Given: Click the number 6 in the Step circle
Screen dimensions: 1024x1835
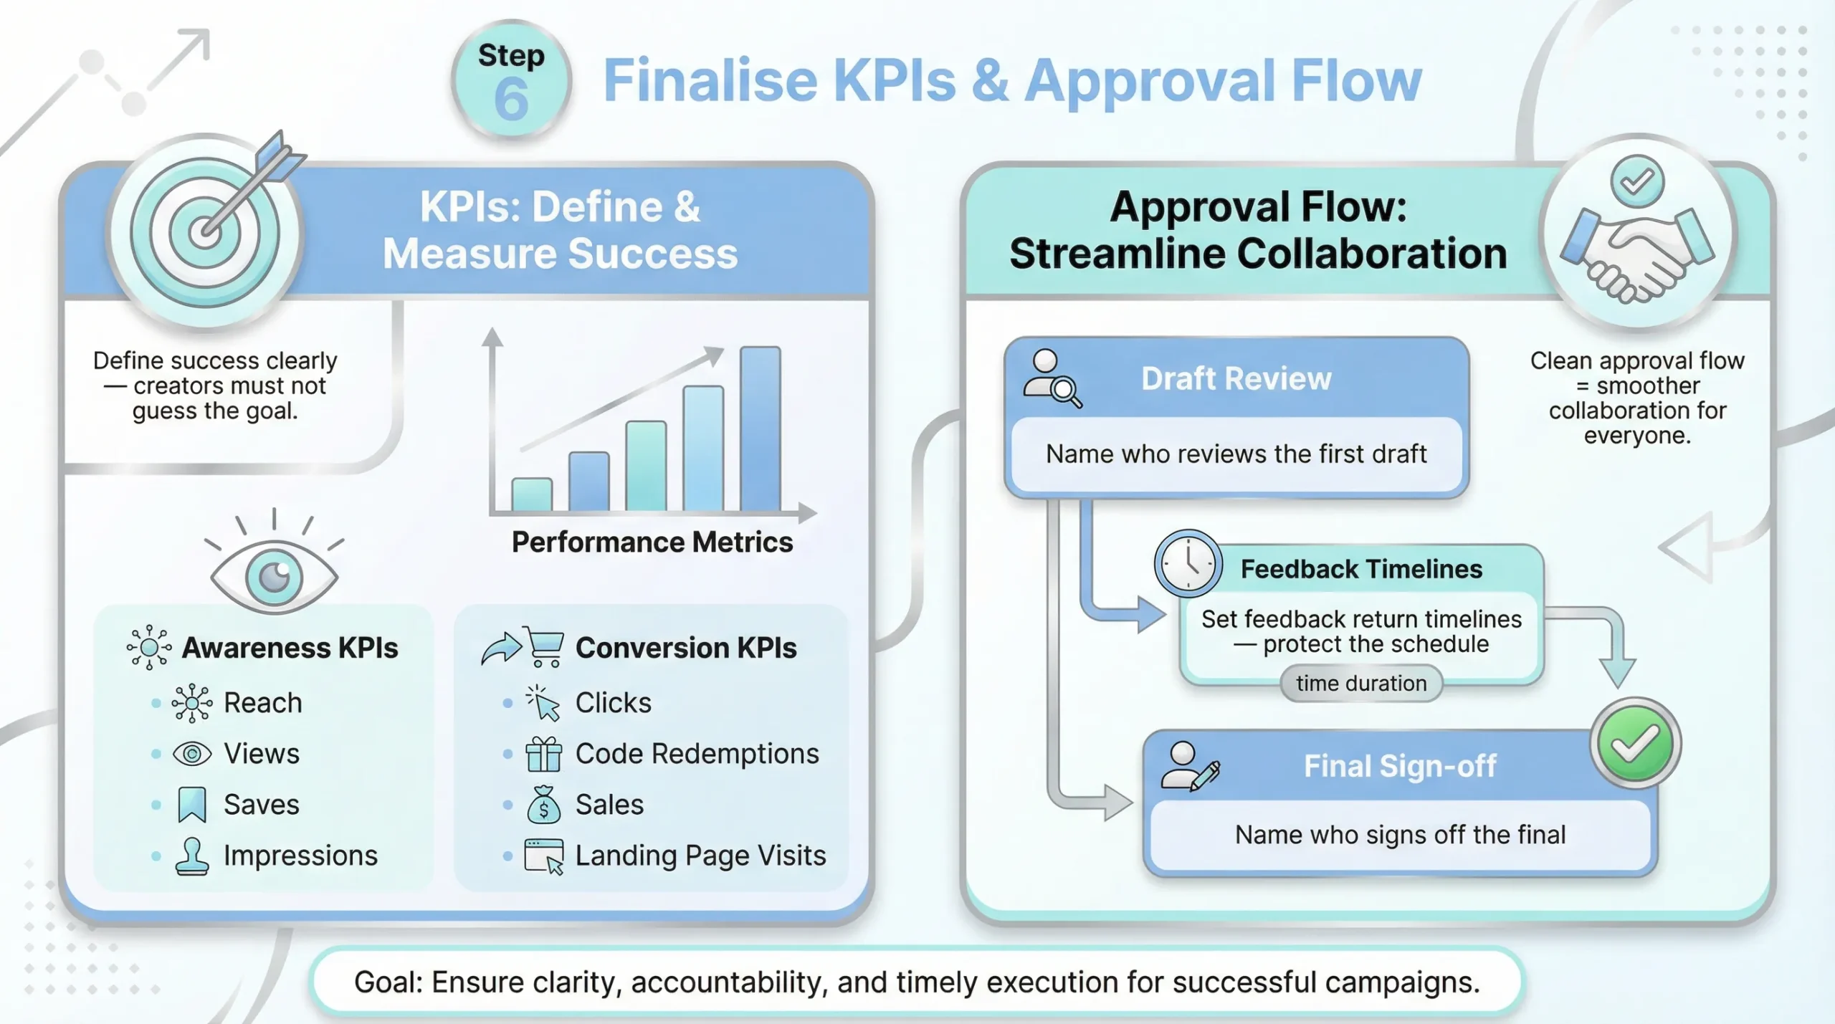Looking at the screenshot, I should (x=511, y=100).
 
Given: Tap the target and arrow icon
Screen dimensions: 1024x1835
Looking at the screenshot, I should (x=206, y=231).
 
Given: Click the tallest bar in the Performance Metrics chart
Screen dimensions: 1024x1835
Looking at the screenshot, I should (x=761, y=428).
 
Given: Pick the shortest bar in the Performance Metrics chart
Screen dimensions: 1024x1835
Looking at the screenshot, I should (x=531, y=494).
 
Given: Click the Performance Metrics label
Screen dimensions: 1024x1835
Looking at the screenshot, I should (x=652, y=542).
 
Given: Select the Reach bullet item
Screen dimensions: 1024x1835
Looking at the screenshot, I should (x=262, y=703).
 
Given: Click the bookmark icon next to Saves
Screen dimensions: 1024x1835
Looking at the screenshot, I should (x=192, y=804).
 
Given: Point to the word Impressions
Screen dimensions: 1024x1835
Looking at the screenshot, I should (x=300, y=856).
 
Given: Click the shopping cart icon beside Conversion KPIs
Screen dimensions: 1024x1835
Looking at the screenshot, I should (x=545, y=646).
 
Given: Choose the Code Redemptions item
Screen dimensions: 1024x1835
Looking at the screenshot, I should (x=696, y=754).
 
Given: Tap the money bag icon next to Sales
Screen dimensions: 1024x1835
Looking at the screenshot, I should (x=543, y=805).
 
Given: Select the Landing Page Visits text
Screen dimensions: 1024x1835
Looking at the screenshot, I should (x=700, y=856).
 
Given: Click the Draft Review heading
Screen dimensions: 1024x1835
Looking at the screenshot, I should (x=1236, y=378).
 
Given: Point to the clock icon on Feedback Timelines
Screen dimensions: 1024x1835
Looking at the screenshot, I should (x=1188, y=564).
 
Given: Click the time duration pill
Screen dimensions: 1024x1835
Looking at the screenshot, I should (x=1360, y=684).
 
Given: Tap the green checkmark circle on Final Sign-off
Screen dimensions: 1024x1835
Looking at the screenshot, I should (x=1635, y=744).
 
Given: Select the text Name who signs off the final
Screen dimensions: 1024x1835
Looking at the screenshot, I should (x=1399, y=835).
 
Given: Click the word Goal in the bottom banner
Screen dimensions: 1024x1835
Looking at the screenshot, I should (x=387, y=982).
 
